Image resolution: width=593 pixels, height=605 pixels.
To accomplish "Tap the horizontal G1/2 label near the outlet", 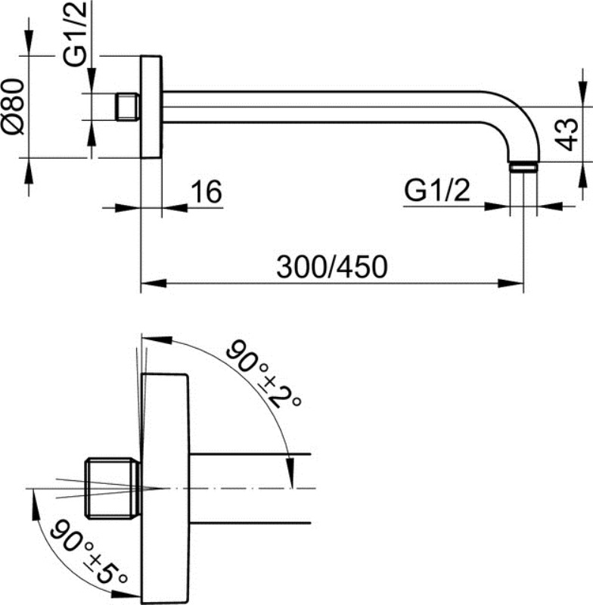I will click(436, 191).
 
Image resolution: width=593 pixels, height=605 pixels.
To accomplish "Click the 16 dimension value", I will click(205, 192).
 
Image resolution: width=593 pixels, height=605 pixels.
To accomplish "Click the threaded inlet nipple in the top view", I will click(128, 107).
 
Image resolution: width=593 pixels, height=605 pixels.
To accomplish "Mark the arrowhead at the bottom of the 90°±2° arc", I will click(288, 470).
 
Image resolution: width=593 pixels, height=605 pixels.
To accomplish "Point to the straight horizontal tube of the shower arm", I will click(333, 107).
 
